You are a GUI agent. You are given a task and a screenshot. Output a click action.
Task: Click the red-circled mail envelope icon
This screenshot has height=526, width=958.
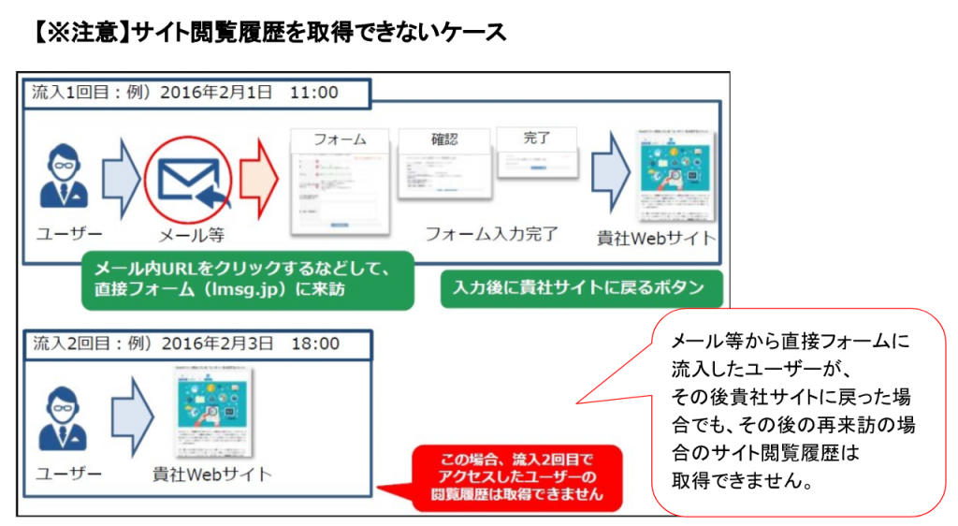point(187,175)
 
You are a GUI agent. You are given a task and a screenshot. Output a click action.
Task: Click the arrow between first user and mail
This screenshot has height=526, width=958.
point(120,175)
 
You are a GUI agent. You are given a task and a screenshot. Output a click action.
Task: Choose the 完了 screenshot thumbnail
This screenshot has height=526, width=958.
point(536,152)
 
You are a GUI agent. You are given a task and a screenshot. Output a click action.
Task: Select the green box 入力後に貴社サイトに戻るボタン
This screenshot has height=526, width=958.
point(580,287)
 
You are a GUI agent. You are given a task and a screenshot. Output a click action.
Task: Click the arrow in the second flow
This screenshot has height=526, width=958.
point(131,413)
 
